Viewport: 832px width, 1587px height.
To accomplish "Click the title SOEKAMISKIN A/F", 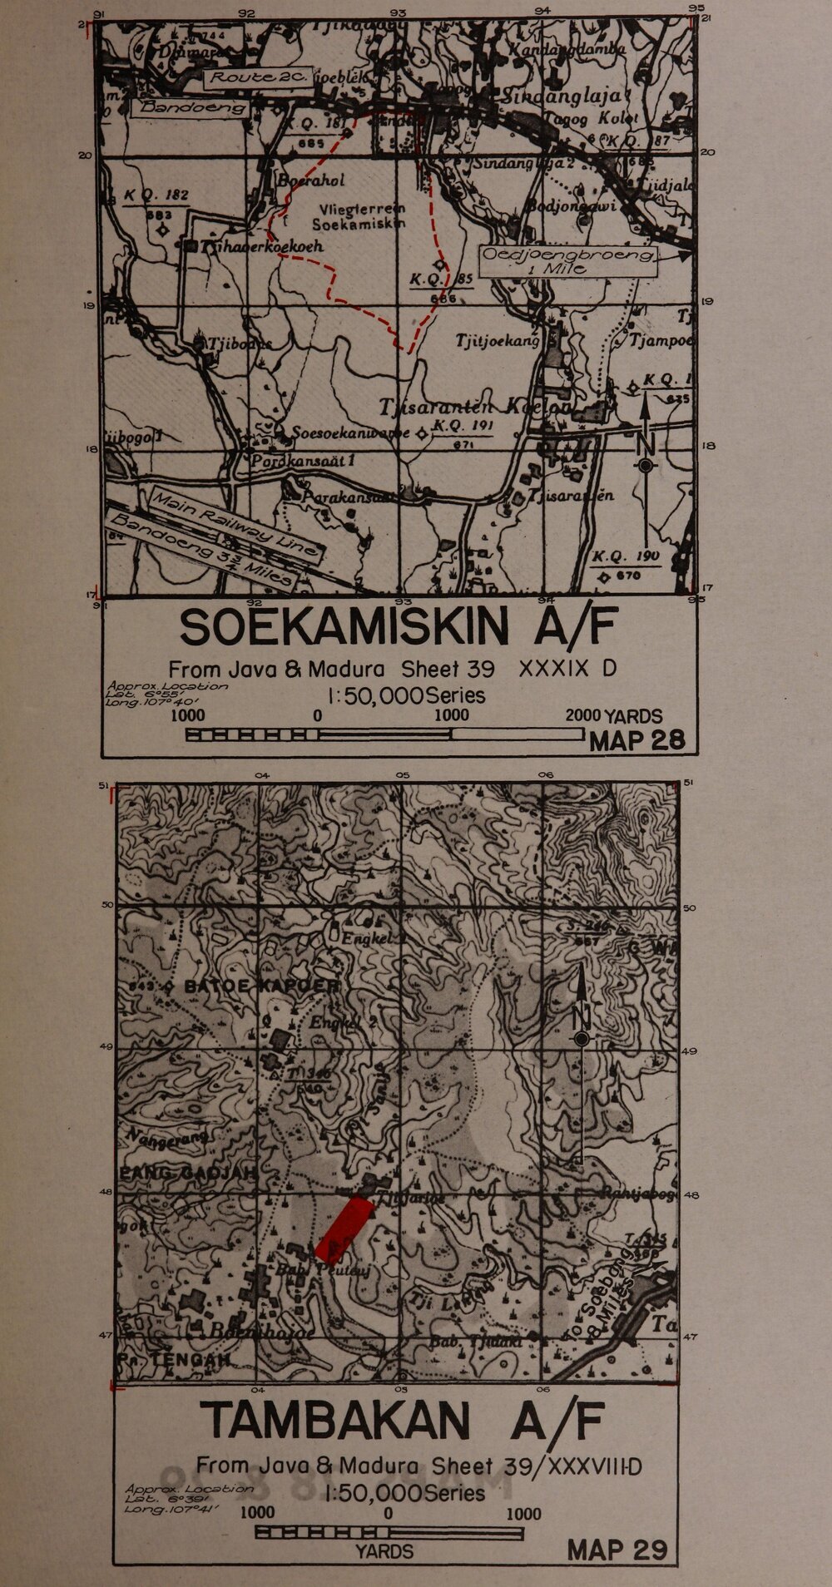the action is point(398,629).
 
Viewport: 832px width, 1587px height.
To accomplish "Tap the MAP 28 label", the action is point(636,740).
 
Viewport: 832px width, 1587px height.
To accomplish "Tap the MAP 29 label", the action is point(617,1550).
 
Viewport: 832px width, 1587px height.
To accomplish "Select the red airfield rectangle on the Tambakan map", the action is point(344,1227).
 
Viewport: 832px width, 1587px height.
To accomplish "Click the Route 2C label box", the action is point(258,78).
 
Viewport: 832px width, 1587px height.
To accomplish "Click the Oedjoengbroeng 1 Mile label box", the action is point(568,261).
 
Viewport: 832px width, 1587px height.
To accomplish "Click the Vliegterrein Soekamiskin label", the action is point(359,217).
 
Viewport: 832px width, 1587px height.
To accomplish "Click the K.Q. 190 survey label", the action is point(626,557).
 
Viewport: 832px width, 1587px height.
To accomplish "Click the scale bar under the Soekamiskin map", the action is point(384,734).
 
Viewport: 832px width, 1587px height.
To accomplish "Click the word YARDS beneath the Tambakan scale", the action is point(384,1551).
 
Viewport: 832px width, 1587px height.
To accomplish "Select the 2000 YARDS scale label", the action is point(614,716).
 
